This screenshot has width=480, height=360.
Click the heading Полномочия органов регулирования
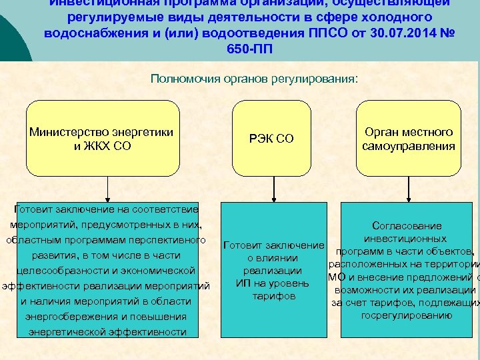pyautogui.click(x=254, y=79)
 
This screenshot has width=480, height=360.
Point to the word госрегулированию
pyautogui.click(x=407, y=315)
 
